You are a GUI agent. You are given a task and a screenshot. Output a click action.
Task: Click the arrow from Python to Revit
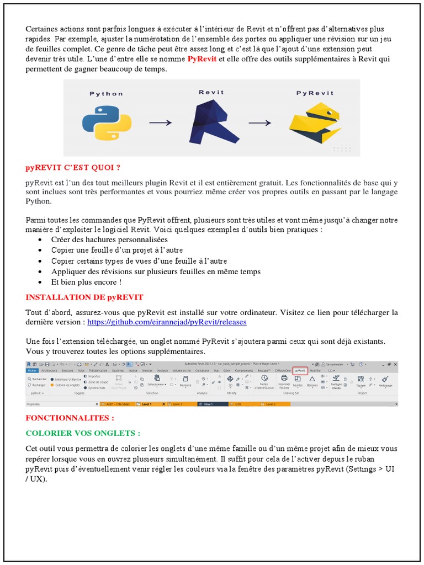tap(160, 123)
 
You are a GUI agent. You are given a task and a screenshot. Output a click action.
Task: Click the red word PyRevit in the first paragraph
tap(202, 59)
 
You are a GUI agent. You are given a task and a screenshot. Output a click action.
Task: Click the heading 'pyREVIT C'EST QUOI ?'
tap(73, 167)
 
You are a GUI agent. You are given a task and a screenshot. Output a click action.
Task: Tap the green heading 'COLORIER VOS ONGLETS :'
tap(83, 433)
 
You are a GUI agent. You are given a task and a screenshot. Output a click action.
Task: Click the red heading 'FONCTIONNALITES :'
tap(70, 418)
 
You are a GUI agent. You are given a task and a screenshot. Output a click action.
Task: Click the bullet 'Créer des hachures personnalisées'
tap(109, 240)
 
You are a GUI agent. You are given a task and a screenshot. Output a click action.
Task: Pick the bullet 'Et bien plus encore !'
tap(86, 282)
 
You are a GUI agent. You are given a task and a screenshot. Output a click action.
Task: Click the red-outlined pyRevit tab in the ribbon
tap(300, 371)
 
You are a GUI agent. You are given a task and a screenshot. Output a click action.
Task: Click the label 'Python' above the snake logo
tap(107, 94)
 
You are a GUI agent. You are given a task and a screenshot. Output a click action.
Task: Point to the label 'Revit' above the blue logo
tap(210, 92)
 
